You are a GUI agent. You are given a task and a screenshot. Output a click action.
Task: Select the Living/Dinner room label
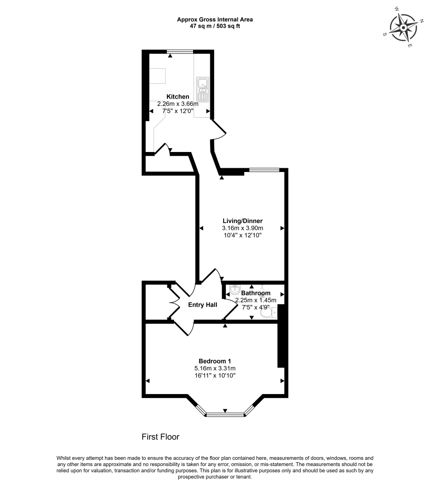coord(243,221)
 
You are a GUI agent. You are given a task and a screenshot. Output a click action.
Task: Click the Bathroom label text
coord(256,293)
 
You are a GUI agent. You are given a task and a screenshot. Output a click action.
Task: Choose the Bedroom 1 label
coord(215,361)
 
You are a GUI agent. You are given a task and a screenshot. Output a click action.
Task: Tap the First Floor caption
coord(160,437)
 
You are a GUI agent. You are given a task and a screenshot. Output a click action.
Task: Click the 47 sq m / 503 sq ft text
coord(215,26)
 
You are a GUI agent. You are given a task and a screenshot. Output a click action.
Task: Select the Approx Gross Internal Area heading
coord(215,20)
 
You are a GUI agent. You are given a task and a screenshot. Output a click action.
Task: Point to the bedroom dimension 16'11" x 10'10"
coord(215,376)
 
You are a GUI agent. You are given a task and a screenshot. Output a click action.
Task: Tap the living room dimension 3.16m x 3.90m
coord(243,228)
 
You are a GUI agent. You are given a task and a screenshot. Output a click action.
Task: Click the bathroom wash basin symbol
coord(234,290)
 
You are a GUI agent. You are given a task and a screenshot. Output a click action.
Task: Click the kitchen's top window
coord(180,51)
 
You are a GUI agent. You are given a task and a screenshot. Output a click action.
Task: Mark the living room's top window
coord(265,169)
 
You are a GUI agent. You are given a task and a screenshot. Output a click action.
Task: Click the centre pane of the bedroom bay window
coord(225,415)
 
